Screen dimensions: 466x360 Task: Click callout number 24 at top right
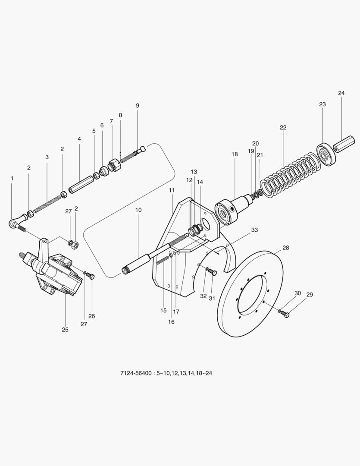coord(341,93)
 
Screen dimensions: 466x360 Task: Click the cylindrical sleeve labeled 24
coord(345,143)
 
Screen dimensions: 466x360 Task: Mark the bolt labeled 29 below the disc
coord(285,314)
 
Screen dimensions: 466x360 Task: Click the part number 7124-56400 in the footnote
coord(135,372)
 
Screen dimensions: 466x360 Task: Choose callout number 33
coord(254,230)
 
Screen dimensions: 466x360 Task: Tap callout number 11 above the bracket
coord(172,190)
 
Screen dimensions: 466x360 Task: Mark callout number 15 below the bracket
coord(163,311)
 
